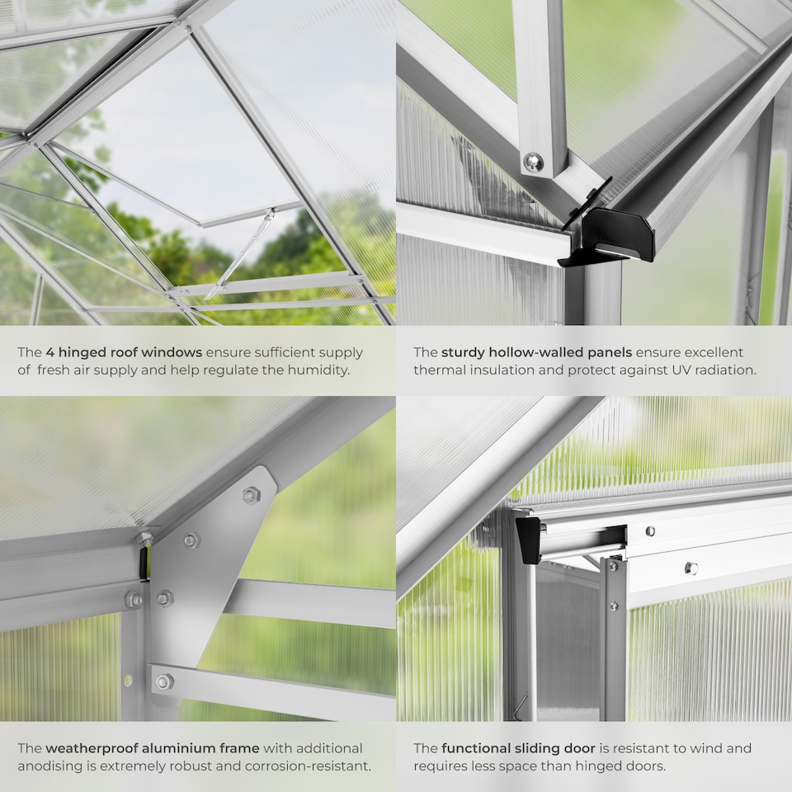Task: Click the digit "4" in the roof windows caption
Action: [x=49, y=352]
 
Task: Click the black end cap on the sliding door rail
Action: [x=529, y=540]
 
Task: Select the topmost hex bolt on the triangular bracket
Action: [x=251, y=495]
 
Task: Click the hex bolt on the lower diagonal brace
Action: [x=163, y=682]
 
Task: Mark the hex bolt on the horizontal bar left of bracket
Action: [x=134, y=600]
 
